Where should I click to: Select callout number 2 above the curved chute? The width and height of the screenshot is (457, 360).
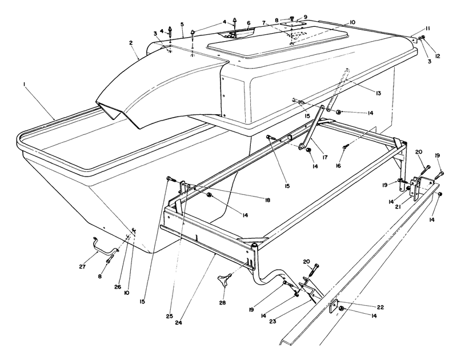point(131,43)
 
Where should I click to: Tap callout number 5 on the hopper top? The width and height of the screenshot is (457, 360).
point(182,24)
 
